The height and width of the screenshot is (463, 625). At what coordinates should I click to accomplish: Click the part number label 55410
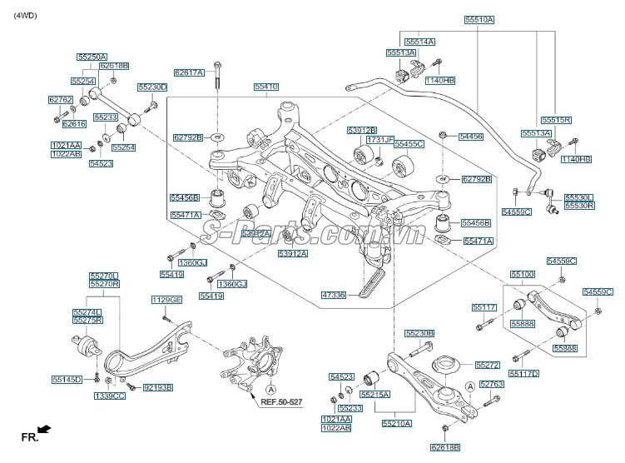point(266,87)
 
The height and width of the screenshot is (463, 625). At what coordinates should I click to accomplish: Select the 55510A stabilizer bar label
point(479,19)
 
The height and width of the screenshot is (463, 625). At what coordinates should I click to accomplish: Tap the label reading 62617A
point(189,72)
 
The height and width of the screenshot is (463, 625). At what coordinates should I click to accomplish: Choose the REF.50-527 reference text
point(283,401)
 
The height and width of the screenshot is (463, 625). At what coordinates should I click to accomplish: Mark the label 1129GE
point(166,300)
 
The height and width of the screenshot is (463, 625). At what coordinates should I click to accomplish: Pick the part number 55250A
point(92,57)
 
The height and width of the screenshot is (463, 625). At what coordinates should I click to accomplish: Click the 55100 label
point(523,274)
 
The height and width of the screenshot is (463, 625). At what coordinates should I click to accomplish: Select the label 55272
point(489,365)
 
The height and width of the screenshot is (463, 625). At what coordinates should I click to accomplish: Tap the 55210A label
point(397,423)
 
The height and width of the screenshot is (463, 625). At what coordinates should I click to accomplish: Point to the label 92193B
point(157,387)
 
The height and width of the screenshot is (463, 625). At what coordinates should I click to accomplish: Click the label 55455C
point(409,143)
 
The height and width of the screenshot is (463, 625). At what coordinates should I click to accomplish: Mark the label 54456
point(470,135)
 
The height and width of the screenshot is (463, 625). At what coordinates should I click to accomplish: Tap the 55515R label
point(556,120)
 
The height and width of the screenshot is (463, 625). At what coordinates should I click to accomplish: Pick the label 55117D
point(526,374)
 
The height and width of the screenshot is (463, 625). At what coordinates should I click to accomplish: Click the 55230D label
point(152,87)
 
